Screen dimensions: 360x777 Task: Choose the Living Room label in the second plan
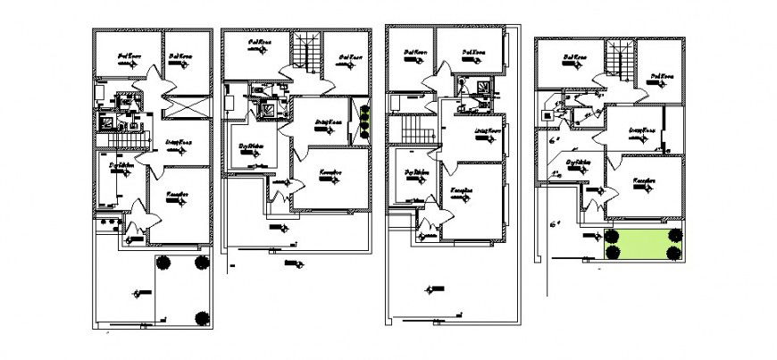(x=330, y=122)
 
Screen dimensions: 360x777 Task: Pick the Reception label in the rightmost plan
(x=645, y=180)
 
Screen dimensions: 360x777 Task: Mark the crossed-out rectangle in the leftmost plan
(x=186, y=108)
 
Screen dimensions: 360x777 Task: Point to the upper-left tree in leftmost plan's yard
(x=163, y=263)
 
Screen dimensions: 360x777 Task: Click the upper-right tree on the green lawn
(x=674, y=235)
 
